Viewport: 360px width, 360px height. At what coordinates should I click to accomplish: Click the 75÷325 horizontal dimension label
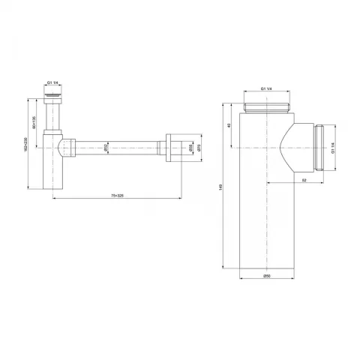coord(117,196)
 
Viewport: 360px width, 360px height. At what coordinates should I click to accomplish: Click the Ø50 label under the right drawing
coord(267,278)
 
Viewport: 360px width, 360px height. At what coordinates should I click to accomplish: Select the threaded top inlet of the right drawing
coord(268,106)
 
